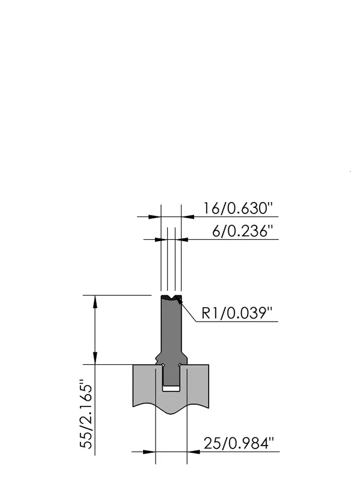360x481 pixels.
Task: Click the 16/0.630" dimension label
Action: tap(237, 208)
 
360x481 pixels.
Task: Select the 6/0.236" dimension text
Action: tap(242, 231)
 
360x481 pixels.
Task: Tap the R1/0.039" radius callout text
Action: tap(237, 313)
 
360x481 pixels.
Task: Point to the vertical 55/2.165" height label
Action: tap(86, 414)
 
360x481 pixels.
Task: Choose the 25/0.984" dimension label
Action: tap(238, 443)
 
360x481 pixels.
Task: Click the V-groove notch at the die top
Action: tap(171, 297)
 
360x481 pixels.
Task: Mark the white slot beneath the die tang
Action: tap(171, 388)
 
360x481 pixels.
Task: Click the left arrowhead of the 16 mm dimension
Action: tap(155, 217)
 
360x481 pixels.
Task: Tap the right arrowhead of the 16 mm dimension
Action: tap(188, 217)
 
